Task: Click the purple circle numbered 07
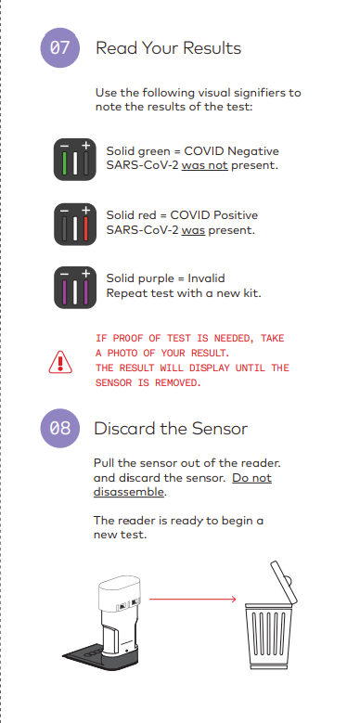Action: point(60,48)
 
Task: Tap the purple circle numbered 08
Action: point(60,429)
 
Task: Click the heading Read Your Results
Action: point(168,48)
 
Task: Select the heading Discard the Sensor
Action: point(171,429)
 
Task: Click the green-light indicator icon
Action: point(75,160)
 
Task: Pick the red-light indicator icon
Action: point(75,224)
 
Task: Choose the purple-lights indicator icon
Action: point(75,288)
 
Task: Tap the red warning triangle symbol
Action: point(60,362)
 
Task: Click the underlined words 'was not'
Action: point(205,165)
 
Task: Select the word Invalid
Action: point(206,278)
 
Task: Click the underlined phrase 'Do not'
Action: point(251,478)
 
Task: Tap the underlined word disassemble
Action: point(129,492)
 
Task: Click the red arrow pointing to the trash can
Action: point(193,599)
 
